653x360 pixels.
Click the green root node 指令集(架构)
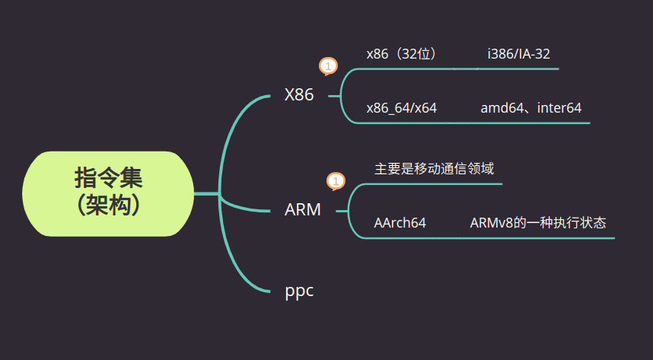pos(108,194)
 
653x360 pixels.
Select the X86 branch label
pos(299,95)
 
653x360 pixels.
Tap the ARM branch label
pos(303,209)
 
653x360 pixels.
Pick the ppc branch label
pos(299,292)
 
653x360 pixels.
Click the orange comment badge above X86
pos(328,67)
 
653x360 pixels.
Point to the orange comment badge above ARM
pos(336,182)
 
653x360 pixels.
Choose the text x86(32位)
pos(403,54)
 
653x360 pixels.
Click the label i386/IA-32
pos(519,54)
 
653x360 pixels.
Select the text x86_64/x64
pos(401,108)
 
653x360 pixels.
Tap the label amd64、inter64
pos(531,108)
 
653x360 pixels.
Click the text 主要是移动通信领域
pos(435,169)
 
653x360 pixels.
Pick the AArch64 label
pos(400,223)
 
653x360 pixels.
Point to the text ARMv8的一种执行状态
pos(538,223)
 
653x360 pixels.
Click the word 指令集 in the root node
pos(108,178)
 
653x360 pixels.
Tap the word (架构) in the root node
pos(108,205)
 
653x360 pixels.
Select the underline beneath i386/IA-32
pos(518,68)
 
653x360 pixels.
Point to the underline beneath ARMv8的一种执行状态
pos(537,238)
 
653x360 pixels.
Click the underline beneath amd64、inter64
pos(531,123)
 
